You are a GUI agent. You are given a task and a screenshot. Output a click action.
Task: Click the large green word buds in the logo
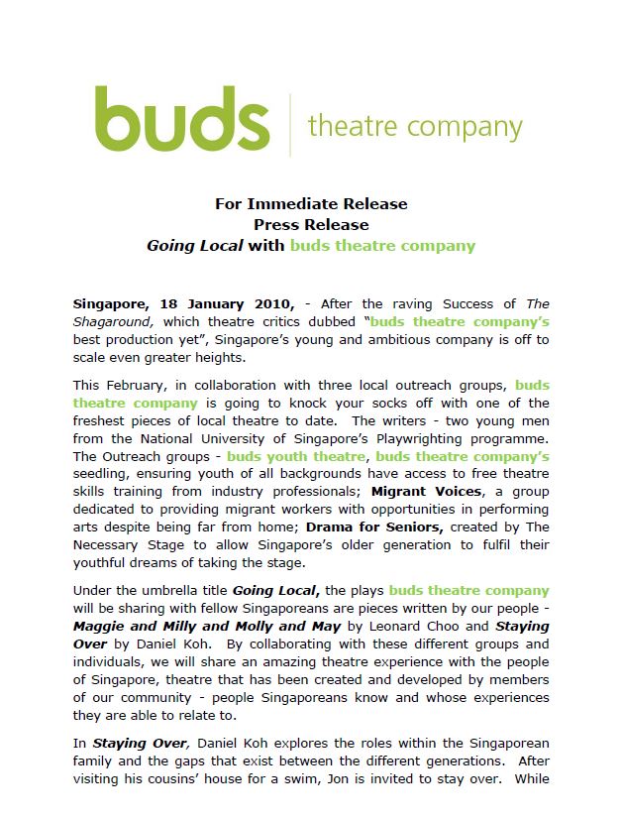tap(182, 120)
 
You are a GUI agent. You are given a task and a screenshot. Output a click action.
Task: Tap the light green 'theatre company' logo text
tap(415, 127)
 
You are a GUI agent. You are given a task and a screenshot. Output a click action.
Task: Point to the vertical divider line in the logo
tap(290, 124)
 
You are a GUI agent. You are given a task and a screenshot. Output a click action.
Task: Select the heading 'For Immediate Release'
tap(311, 204)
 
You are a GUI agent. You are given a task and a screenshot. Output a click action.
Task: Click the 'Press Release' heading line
tap(311, 225)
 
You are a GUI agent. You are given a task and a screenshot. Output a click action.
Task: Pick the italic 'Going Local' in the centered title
tap(195, 246)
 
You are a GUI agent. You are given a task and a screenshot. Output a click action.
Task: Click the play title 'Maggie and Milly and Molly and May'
tap(206, 627)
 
